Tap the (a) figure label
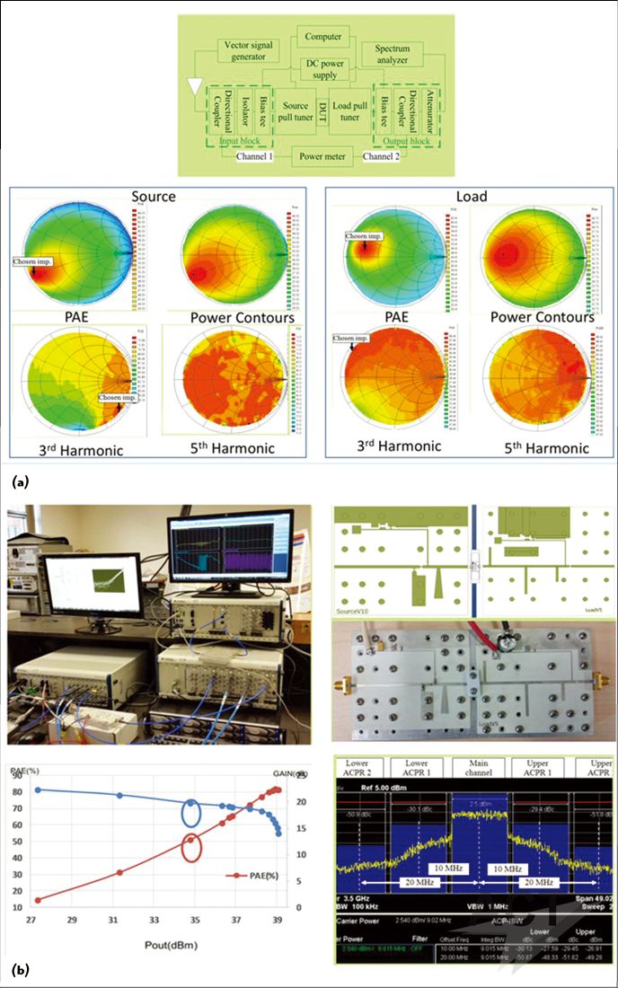click(x=20, y=482)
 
